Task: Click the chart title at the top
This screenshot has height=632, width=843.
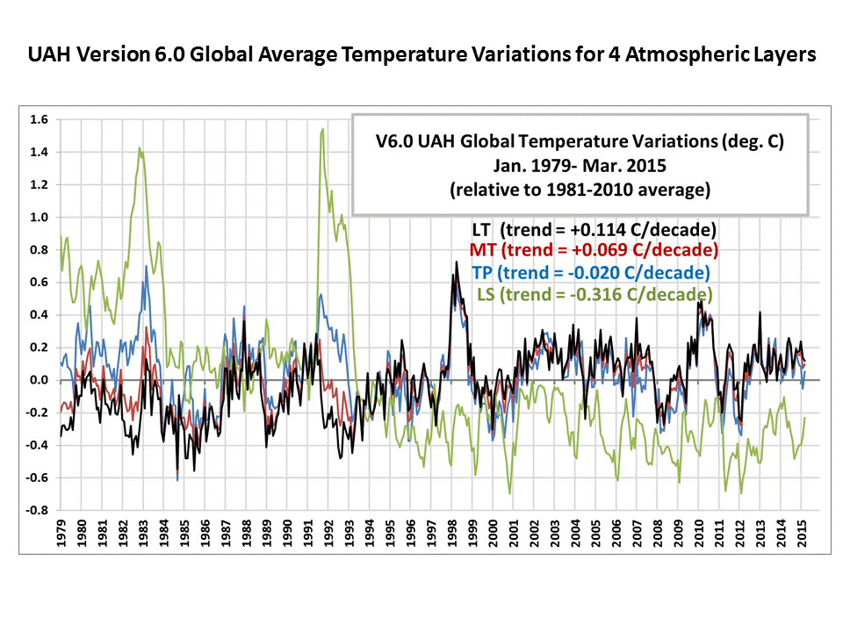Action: point(421,54)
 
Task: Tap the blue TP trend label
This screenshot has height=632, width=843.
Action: point(590,272)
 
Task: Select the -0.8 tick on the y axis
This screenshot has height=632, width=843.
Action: point(40,510)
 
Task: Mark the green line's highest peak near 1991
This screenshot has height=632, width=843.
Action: point(323,129)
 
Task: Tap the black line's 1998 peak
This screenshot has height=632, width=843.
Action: point(456,262)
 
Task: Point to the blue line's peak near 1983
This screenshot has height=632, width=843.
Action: point(146,266)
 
